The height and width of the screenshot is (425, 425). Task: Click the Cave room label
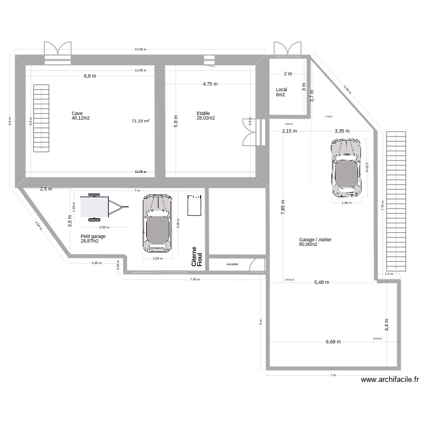(80, 116)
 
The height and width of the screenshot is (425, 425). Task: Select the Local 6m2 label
(282, 92)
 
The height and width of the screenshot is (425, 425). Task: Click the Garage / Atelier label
(315, 242)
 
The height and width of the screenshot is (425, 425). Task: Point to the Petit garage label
(93, 239)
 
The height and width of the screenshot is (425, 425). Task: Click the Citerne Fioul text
(197, 257)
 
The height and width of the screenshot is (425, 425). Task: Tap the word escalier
(232, 264)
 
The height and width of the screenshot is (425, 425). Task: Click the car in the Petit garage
(157, 223)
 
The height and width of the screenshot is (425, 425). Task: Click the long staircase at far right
(396, 201)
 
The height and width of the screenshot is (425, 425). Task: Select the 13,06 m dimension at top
(140, 49)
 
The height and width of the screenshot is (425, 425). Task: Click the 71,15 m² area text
(140, 121)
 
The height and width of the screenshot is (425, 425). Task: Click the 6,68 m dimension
(333, 342)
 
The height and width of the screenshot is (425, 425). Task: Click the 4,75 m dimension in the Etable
(210, 84)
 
